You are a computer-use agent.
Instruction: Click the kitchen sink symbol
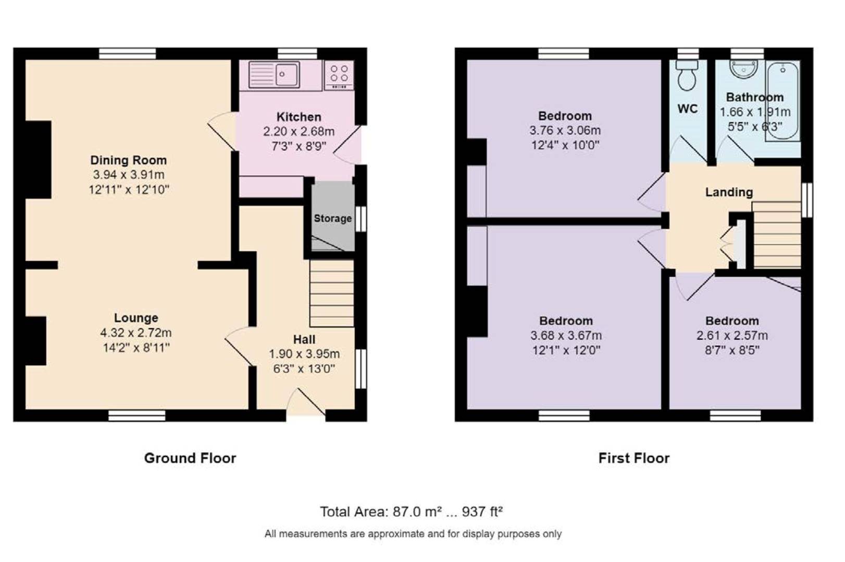[275, 75]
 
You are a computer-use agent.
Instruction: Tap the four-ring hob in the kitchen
[339, 75]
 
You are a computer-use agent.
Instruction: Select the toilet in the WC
[687, 76]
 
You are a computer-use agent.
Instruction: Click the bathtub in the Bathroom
[782, 101]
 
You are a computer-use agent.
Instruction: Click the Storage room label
[332, 219]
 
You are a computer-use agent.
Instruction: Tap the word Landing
[729, 192]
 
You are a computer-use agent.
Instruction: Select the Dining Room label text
[129, 160]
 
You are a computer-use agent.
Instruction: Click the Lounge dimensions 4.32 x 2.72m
[136, 333]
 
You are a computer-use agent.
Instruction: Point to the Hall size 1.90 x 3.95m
[304, 354]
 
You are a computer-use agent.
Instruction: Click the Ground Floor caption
[190, 458]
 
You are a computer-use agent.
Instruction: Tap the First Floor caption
[634, 458]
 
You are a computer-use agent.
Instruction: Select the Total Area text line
[412, 512]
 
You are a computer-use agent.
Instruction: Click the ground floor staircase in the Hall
[332, 293]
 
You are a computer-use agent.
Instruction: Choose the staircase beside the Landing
[776, 235]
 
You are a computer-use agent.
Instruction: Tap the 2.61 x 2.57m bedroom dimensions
[732, 336]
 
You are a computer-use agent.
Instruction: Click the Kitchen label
[299, 117]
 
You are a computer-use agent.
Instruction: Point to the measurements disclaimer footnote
[413, 534]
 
